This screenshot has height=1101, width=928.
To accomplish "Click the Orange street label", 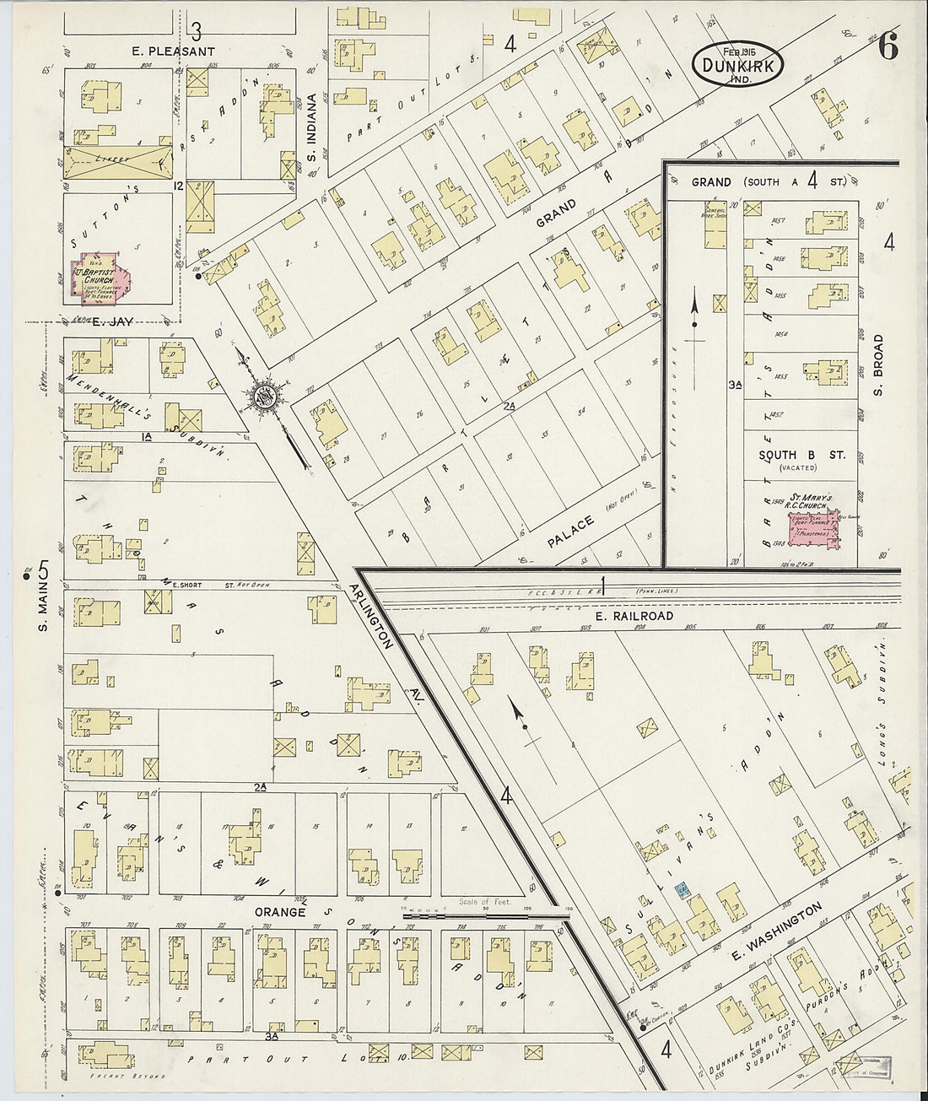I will tap(279, 912).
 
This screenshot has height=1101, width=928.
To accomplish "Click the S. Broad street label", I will tap(877, 365).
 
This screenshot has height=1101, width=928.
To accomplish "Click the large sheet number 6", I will tap(888, 48).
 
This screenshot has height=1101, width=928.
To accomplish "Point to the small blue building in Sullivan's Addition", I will tap(682, 889).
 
